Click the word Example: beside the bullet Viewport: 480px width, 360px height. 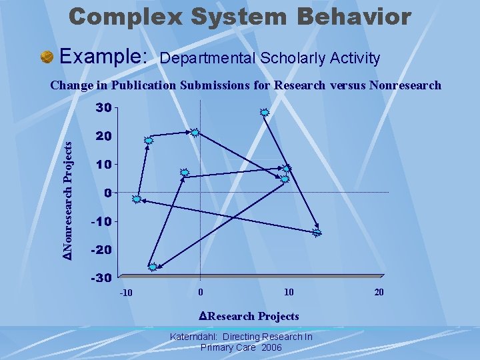[104, 57]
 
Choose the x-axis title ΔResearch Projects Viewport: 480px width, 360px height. [249, 316]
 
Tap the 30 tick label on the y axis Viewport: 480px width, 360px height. [102, 107]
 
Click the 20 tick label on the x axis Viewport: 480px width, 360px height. [379, 293]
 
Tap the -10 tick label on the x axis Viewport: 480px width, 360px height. [126, 294]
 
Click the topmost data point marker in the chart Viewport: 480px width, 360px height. [264, 113]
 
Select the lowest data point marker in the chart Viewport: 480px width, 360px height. [153, 267]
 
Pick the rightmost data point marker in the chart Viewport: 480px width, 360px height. [317, 233]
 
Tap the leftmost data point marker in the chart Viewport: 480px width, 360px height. [137, 199]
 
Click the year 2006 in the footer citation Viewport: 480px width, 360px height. [271, 348]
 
